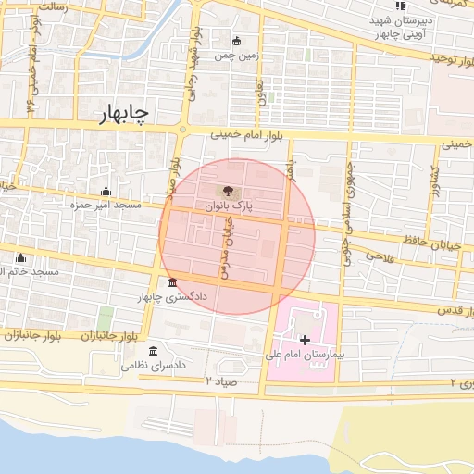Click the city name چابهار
click(125, 113)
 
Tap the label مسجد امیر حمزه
click(106, 204)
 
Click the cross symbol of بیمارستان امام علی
click(306, 341)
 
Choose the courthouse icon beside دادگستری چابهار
click(172, 282)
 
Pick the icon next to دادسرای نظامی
click(153, 352)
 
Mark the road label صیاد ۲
click(222, 380)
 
